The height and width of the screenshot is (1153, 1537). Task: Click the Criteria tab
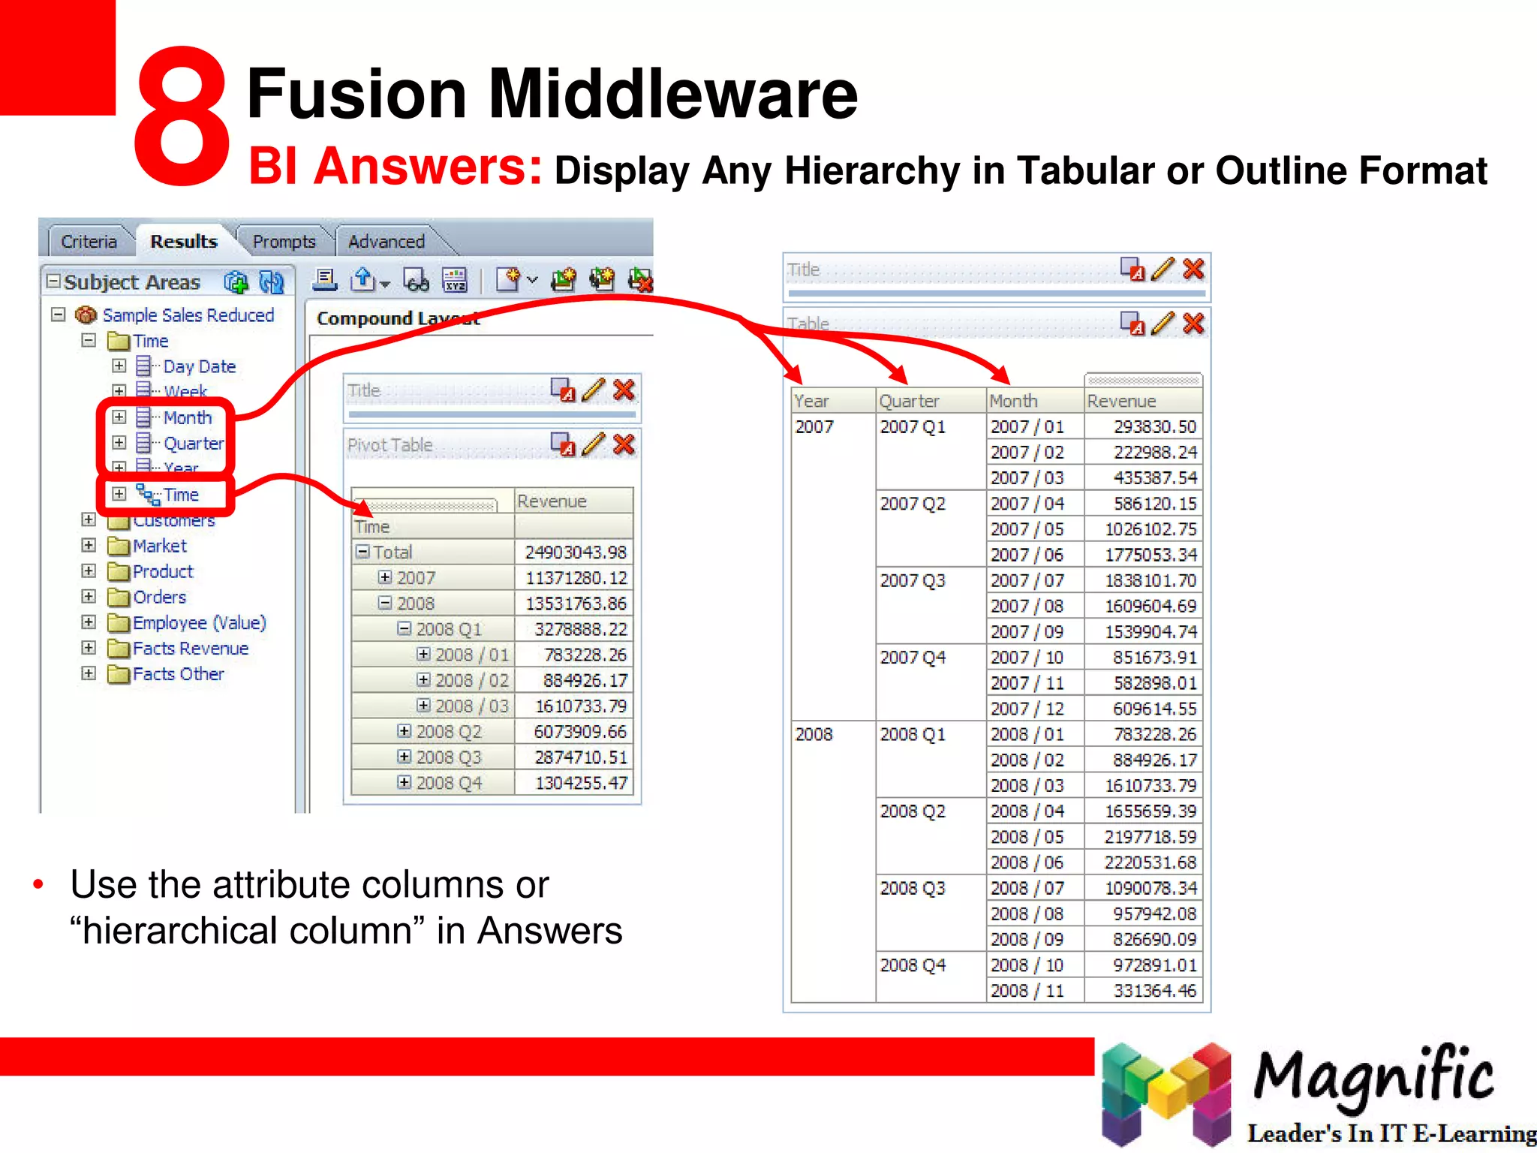point(89,242)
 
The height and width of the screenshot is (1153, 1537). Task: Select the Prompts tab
point(284,242)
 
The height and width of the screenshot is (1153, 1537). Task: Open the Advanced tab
point(386,242)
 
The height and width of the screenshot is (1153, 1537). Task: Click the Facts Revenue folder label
point(191,649)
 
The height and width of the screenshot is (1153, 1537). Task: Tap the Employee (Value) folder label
point(199,623)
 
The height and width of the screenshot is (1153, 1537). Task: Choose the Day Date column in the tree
point(199,366)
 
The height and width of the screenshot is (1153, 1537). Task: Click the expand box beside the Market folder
point(89,546)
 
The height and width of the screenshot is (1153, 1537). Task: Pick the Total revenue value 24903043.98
point(576,552)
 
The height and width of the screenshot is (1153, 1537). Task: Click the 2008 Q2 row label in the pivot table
point(449,732)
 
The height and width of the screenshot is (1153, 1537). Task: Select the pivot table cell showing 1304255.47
point(581,783)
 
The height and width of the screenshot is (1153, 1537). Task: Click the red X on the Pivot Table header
point(624,444)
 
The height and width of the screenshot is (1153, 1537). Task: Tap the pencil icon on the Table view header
point(1163,324)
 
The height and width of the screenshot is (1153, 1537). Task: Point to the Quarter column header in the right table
point(909,401)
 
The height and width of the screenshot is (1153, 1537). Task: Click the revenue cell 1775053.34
point(1150,555)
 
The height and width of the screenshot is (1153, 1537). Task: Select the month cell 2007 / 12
point(1027,709)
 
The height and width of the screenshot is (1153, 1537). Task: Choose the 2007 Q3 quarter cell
point(913,580)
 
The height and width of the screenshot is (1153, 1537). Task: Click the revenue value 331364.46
point(1155,991)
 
